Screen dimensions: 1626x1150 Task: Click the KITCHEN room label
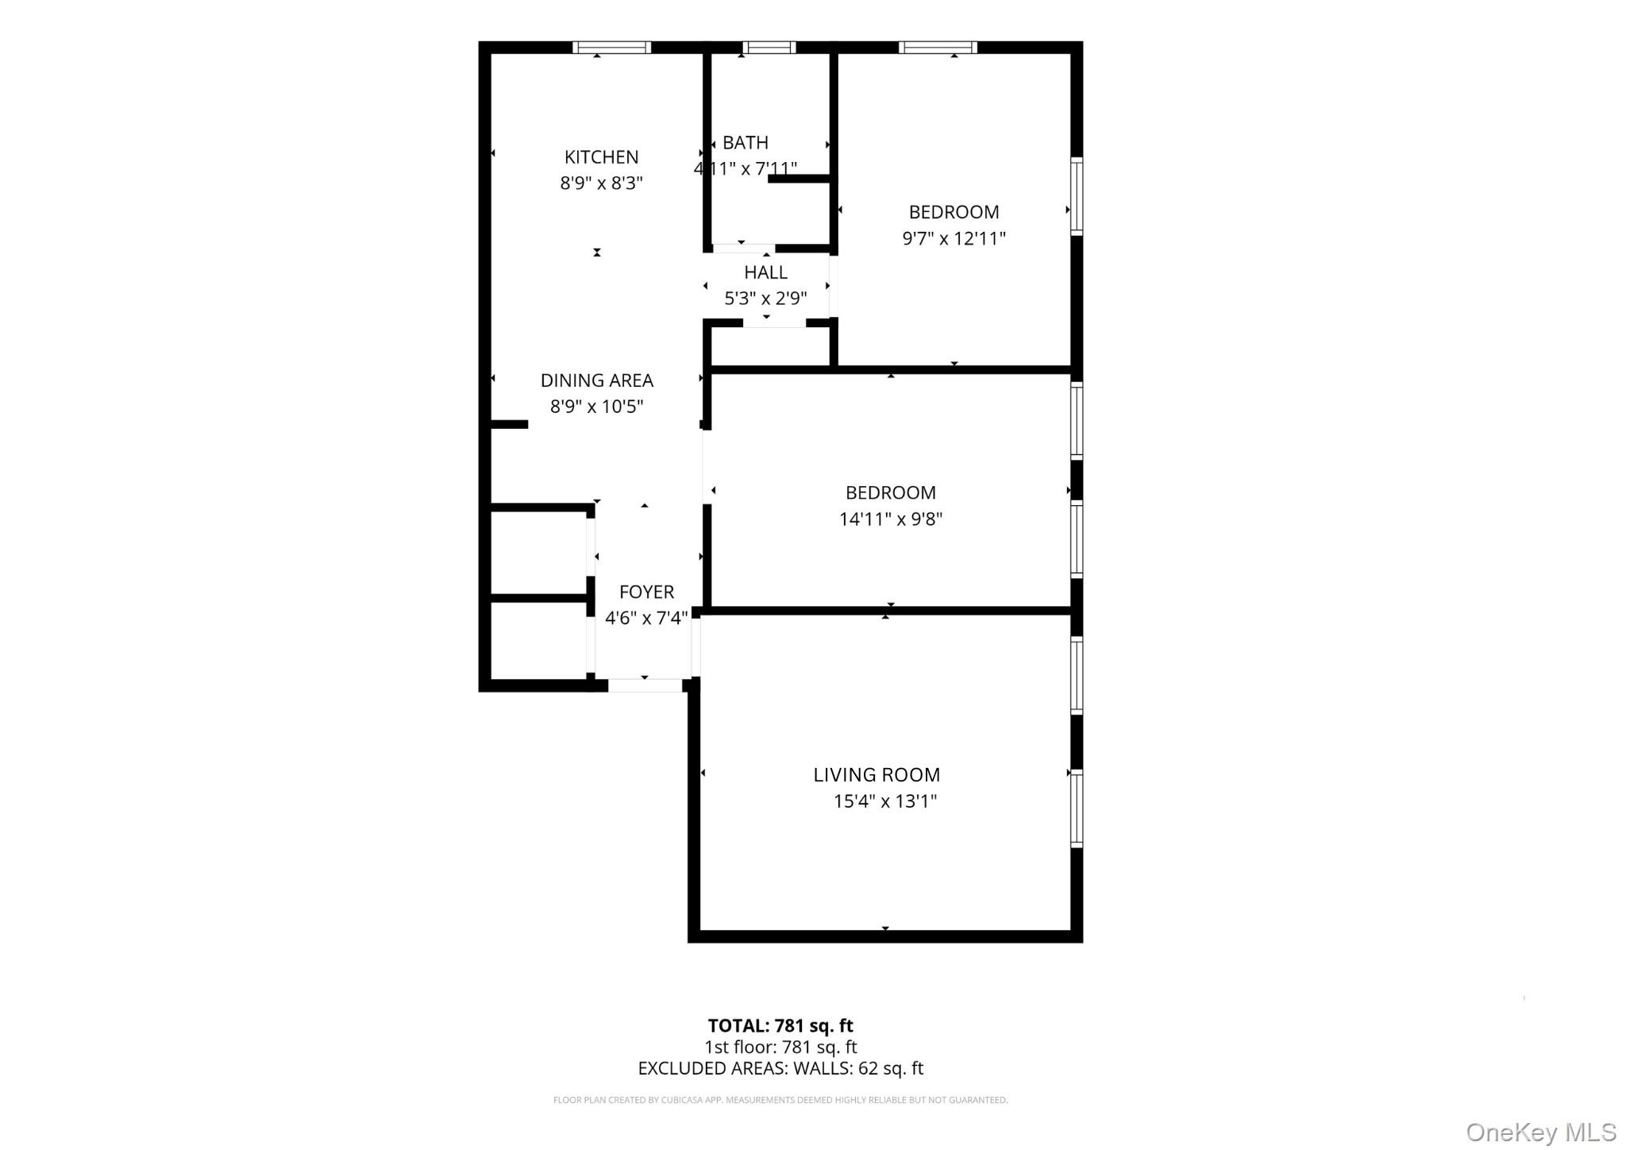coord(601,157)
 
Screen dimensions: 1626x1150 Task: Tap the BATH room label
coord(746,143)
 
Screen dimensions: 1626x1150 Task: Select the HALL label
coord(766,272)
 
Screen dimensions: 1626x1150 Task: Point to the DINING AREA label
coord(597,380)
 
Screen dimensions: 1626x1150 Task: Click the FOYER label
coord(647,592)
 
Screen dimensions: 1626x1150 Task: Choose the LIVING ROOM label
coord(877,774)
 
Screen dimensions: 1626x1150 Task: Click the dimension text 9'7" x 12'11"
coord(954,238)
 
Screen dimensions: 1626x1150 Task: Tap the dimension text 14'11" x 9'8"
coord(891,519)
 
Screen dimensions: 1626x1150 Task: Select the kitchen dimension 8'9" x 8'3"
coord(601,183)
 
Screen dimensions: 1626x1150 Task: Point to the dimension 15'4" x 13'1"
coord(885,801)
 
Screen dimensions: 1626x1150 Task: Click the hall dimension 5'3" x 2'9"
coord(766,299)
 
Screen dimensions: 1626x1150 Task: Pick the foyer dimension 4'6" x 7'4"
coord(646,618)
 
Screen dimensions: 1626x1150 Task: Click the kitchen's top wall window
coord(612,48)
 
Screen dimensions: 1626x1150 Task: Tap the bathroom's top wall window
coord(769,48)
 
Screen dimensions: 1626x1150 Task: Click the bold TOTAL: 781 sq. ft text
coord(780,1026)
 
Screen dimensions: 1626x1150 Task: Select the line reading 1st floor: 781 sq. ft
coord(780,1048)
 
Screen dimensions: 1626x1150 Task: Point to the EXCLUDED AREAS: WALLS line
coord(780,1069)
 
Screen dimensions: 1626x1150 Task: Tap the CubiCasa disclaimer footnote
coord(780,1101)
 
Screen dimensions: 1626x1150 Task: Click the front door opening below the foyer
coord(645,685)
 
